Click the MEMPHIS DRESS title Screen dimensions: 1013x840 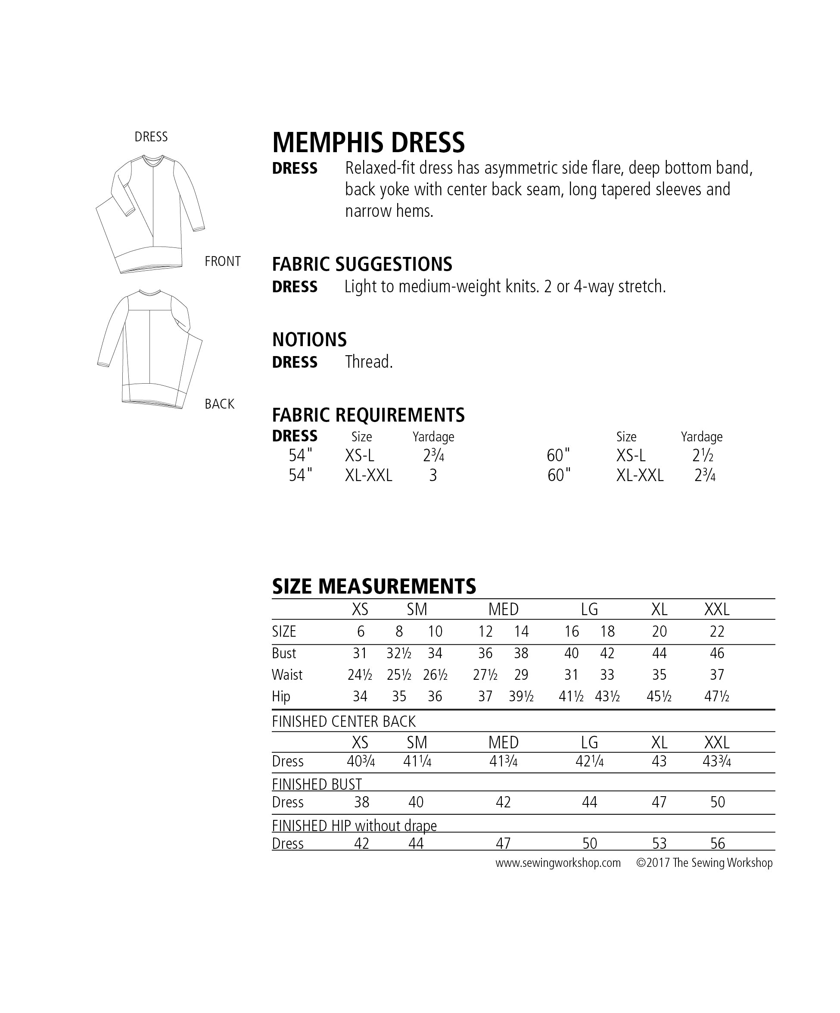368,142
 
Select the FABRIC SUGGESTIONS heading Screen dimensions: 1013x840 362,264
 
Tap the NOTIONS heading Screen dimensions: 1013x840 309,340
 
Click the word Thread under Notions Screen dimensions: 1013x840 369,362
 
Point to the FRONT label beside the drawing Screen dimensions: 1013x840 222,262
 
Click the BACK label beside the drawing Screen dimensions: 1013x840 219,404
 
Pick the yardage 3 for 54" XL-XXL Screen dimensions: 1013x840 433,475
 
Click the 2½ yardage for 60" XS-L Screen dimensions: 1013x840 702,455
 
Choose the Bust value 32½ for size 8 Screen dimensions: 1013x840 398,653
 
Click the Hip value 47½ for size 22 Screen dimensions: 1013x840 717,696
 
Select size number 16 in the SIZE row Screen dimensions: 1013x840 572,632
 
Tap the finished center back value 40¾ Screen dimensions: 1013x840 361,761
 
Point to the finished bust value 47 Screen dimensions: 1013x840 659,802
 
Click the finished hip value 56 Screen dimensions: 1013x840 717,843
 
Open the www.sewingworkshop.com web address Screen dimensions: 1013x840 557,863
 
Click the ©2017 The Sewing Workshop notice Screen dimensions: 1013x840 704,863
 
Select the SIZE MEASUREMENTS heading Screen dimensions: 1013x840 373,587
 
